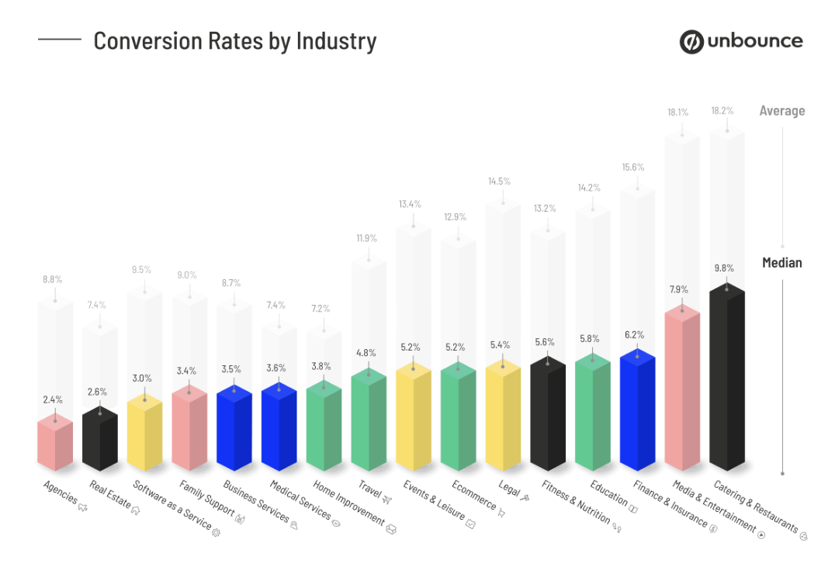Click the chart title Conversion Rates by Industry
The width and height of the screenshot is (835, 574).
coord(234,40)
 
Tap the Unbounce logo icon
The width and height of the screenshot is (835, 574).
coord(691,42)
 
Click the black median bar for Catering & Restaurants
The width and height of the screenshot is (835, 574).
coord(727,380)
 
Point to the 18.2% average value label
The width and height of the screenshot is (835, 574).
coord(722,111)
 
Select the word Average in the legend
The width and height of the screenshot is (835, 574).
coord(781,111)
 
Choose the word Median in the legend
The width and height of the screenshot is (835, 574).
coord(781,262)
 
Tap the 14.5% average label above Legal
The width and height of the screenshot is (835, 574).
coord(499,182)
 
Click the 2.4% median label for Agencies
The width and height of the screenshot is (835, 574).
coord(53,399)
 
